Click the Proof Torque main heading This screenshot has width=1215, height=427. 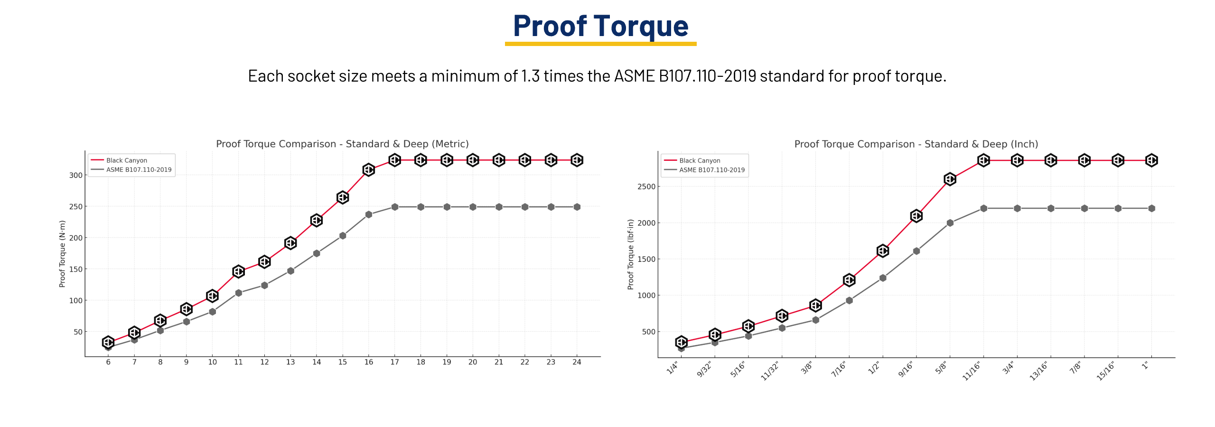pos(600,26)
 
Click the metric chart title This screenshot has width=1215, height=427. pos(342,144)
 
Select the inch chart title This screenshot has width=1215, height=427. pos(916,144)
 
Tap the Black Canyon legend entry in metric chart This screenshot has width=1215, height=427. pos(126,160)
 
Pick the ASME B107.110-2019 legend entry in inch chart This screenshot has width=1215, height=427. pos(711,170)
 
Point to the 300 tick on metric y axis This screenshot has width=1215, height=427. pos(76,175)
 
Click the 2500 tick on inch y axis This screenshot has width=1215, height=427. pos(646,186)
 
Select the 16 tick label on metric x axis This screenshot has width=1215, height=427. pos(369,362)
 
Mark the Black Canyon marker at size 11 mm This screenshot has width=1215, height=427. pos(239,271)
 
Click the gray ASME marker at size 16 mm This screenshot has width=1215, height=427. pos(369,215)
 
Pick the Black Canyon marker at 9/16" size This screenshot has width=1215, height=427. pos(916,216)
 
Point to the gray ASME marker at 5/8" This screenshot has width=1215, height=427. pos(950,223)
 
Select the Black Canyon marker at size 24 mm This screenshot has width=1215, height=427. pos(577,160)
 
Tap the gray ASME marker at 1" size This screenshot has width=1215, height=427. pos(1152,208)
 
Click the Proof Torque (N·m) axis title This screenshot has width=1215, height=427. pos(62,254)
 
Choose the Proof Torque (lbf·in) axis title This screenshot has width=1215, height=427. pos(630,254)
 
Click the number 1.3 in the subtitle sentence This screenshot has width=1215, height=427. pos(530,76)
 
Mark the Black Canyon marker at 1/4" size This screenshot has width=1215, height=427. pos(682,342)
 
